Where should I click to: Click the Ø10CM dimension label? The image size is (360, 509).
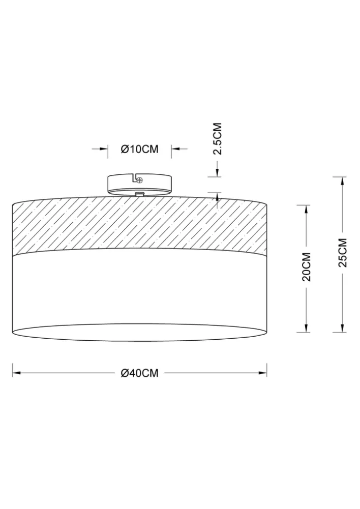click(x=140, y=149)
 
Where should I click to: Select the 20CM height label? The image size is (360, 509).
click(x=307, y=266)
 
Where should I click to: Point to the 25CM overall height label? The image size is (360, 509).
click(x=343, y=253)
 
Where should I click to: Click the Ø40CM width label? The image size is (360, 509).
click(x=140, y=373)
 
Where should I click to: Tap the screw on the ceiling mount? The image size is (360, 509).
click(x=140, y=179)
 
